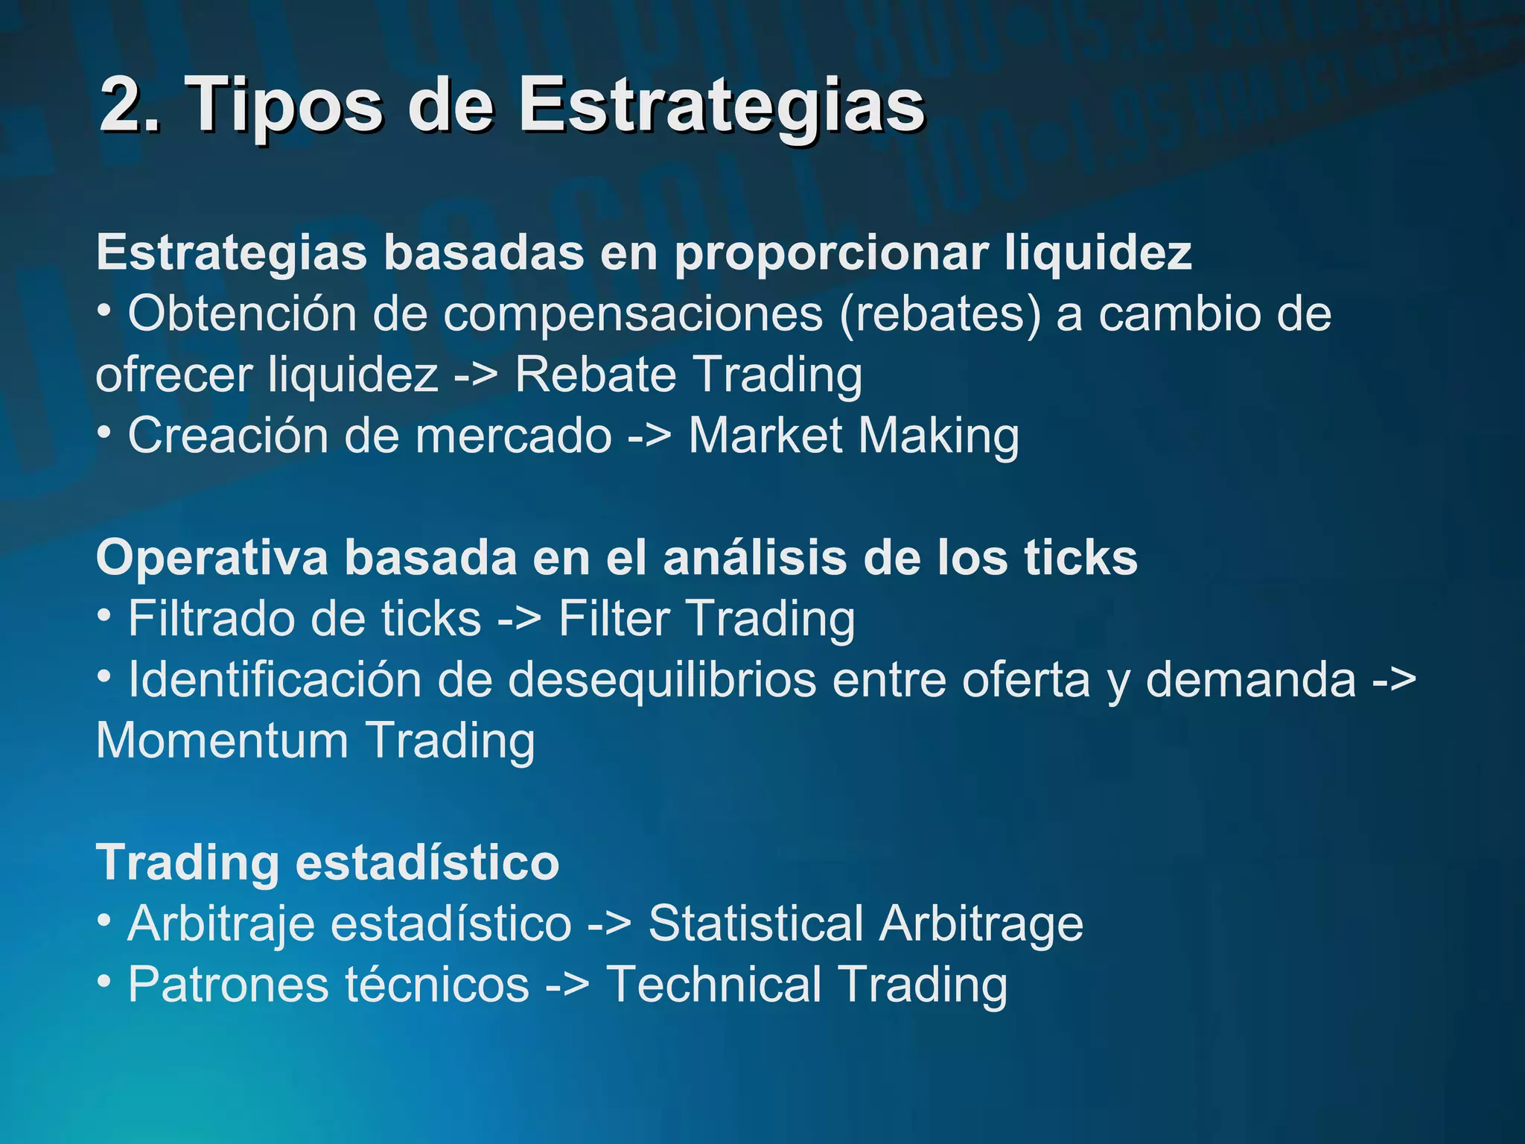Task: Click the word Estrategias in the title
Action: (721, 107)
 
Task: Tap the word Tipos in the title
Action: (287, 107)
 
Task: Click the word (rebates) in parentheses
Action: (940, 314)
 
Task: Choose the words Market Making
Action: (853, 435)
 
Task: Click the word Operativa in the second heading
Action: (212, 558)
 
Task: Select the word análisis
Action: (755, 558)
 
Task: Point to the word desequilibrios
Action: (662, 679)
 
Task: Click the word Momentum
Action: (222, 740)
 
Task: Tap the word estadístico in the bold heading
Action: (427, 862)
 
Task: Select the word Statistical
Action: (755, 924)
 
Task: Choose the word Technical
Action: (713, 985)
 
